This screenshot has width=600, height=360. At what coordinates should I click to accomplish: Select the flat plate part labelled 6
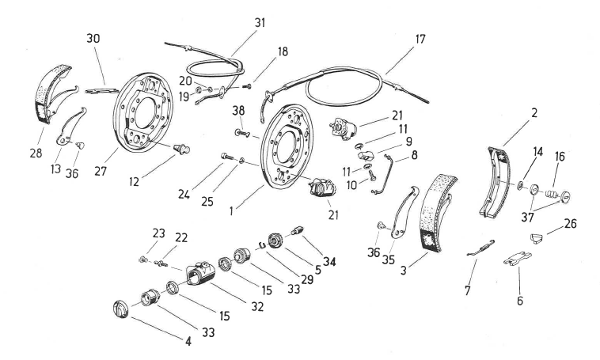(x=518, y=259)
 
